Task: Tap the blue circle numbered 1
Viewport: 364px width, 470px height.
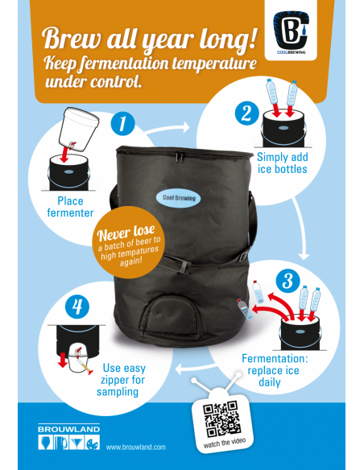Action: pyautogui.click(x=122, y=124)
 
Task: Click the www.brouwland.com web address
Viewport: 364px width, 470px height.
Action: pyautogui.click(x=135, y=447)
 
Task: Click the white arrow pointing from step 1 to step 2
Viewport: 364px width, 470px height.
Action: pyautogui.click(x=181, y=126)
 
